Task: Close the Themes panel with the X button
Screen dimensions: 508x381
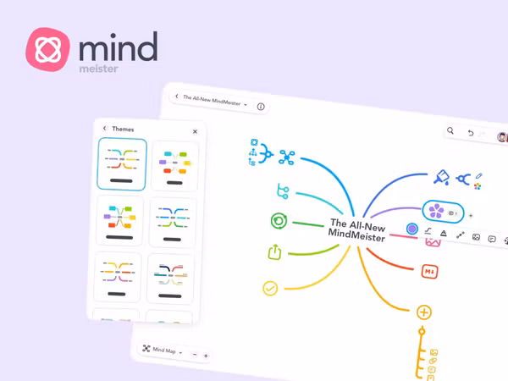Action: click(x=195, y=130)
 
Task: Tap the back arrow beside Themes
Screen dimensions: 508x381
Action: click(x=104, y=130)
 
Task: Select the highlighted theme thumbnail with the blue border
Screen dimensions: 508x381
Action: click(x=122, y=164)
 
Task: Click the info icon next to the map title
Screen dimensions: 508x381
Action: click(x=260, y=107)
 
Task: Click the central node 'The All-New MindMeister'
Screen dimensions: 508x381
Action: click(x=356, y=231)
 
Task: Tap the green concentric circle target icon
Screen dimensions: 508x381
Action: click(x=277, y=221)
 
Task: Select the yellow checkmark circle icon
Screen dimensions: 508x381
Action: click(x=270, y=289)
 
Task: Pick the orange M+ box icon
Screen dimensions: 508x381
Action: click(x=428, y=271)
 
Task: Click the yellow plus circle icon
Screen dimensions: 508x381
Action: click(x=424, y=312)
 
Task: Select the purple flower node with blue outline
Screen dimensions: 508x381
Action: click(x=435, y=211)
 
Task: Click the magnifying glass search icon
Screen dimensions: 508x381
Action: click(x=451, y=132)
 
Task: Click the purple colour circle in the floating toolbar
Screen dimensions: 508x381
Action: click(x=412, y=229)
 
